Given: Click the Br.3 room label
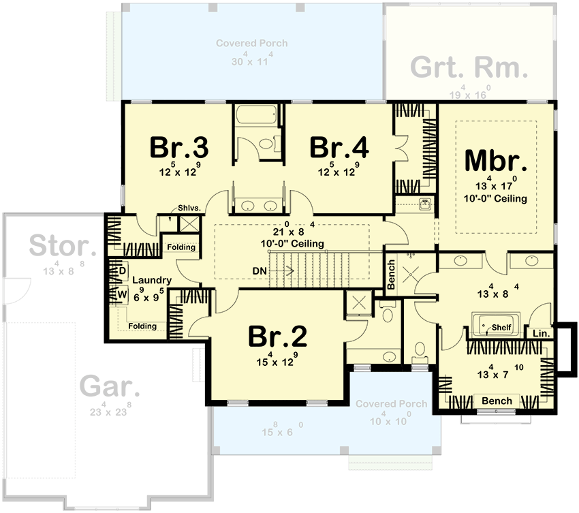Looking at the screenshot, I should point(178,146).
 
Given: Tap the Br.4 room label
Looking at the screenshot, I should point(339,146).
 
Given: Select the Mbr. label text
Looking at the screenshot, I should point(496,160).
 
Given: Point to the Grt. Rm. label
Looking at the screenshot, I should point(469,68).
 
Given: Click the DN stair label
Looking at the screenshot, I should point(260,270).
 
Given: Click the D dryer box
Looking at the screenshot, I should point(123,271).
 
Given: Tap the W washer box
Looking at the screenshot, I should point(123,295).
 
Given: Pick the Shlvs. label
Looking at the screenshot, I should point(187,208).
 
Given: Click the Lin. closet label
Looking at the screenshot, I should point(541,334).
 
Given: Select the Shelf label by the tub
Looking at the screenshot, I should point(502,326).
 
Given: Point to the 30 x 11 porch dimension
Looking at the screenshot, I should point(251,61).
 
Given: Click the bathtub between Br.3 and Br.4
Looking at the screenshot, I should point(255,118).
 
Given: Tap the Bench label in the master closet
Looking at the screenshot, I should point(497,401).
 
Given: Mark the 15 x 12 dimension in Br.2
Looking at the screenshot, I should point(277,361).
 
